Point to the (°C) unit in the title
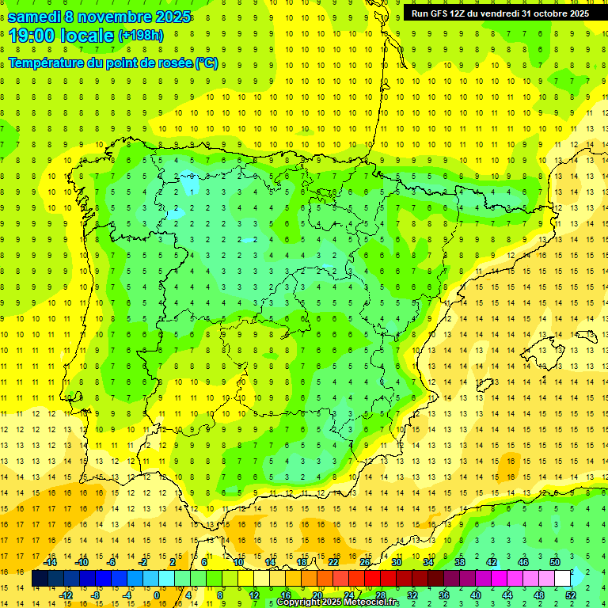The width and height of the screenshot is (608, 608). tap(207, 63)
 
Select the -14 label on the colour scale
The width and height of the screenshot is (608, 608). tap(50, 562)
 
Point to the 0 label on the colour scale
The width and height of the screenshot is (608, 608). tap(157, 595)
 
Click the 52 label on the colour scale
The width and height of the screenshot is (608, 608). tap(571, 595)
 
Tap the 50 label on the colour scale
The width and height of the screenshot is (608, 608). tap(555, 562)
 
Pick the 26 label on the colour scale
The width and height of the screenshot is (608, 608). tap(365, 562)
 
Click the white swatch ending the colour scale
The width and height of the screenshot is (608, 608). tap(562, 579)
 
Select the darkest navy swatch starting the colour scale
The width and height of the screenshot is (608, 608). tap(40, 579)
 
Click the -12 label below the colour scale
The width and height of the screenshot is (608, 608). tap(66, 595)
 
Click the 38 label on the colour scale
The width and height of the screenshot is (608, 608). tap(460, 562)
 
